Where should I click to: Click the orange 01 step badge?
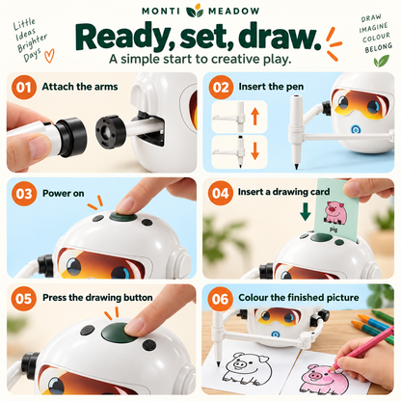click(24, 88)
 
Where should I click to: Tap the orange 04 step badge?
click(221, 193)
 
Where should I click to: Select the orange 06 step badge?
click(220, 299)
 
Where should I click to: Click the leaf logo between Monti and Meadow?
click(195, 11)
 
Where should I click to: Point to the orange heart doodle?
click(49, 56)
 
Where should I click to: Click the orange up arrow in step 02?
click(255, 117)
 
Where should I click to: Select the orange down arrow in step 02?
click(255, 151)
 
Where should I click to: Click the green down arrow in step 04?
click(306, 212)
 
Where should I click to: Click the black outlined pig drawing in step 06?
click(247, 368)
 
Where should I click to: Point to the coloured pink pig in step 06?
click(325, 379)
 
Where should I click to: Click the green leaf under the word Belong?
click(382, 60)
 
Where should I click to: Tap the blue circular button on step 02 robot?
click(356, 130)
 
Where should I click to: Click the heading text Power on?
click(64, 193)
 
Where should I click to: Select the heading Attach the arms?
click(80, 87)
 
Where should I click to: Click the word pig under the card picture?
click(334, 229)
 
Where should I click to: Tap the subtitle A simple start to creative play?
click(200, 59)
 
